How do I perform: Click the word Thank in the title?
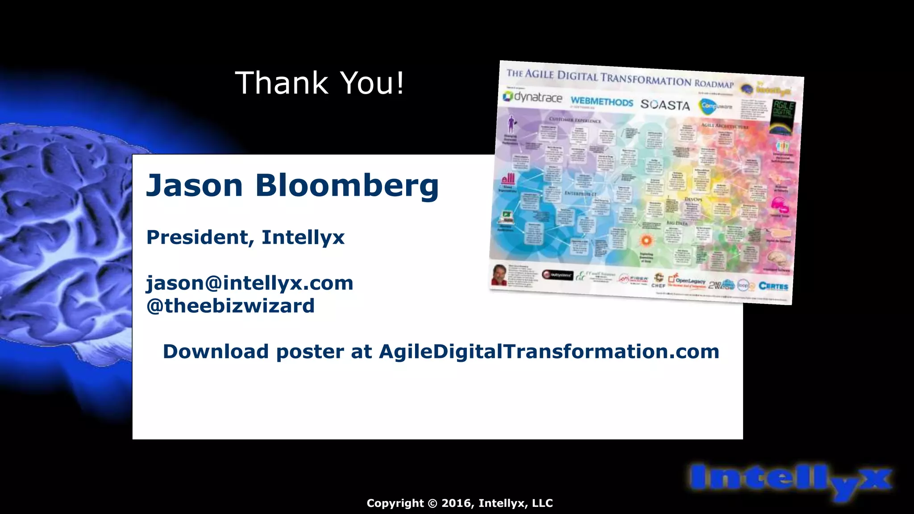(281, 83)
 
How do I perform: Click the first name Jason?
(195, 185)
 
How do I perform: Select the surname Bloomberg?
(347, 185)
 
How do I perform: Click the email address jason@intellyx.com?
(250, 283)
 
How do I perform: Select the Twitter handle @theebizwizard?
(230, 306)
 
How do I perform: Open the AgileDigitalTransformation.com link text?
(549, 352)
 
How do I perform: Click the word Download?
(216, 352)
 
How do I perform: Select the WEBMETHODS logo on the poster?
(602, 102)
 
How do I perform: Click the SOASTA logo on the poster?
(665, 105)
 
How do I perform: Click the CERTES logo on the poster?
(773, 286)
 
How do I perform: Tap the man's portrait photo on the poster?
(499, 274)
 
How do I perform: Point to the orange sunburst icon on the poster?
(646, 240)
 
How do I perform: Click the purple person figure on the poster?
(511, 124)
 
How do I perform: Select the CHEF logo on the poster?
(658, 281)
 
